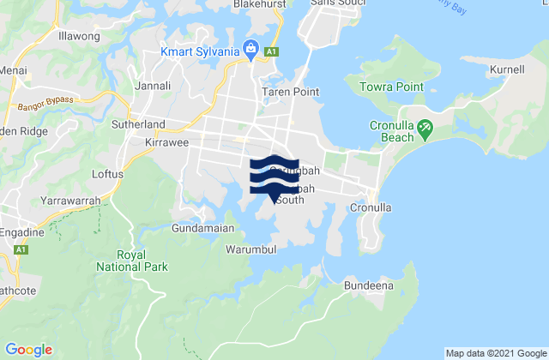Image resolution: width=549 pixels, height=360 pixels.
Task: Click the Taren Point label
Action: point(290,92)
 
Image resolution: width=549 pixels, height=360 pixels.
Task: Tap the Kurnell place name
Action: point(508,69)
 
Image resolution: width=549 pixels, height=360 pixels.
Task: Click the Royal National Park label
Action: point(142,261)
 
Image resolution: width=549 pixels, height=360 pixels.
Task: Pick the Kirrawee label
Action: point(166,140)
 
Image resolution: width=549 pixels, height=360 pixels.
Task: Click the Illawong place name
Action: point(79,38)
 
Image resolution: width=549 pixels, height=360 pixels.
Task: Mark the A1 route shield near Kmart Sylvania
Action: point(271,52)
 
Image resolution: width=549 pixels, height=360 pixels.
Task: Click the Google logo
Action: point(29,349)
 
